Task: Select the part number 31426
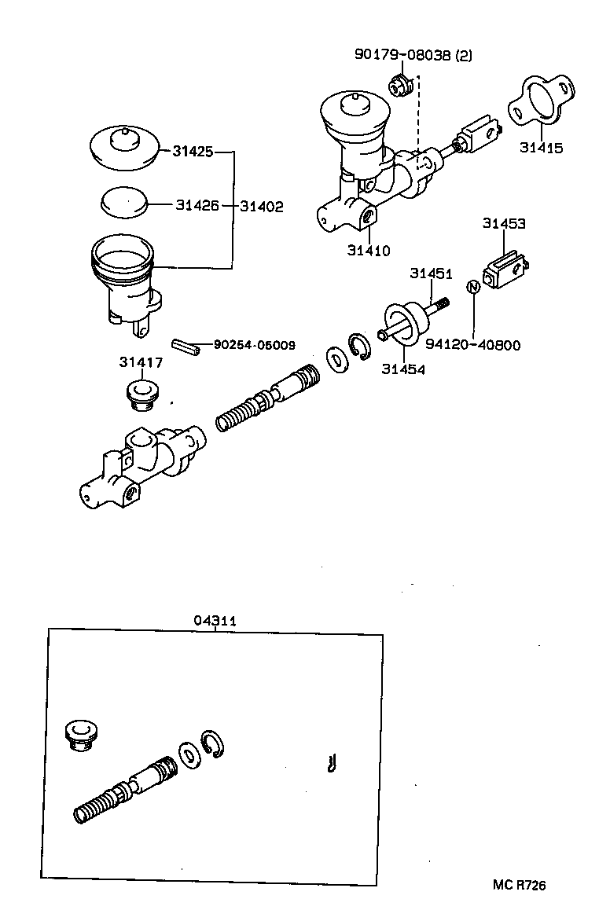point(197,206)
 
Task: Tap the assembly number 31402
point(262,206)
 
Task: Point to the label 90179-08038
point(413,54)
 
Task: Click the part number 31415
point(541,147)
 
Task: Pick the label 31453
point(504,224)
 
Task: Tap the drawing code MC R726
point(519,886)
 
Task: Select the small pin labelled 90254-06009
point(187,347)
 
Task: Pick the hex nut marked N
point(473,287)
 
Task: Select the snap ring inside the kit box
point(212,743)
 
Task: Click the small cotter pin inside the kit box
point(333,762)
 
